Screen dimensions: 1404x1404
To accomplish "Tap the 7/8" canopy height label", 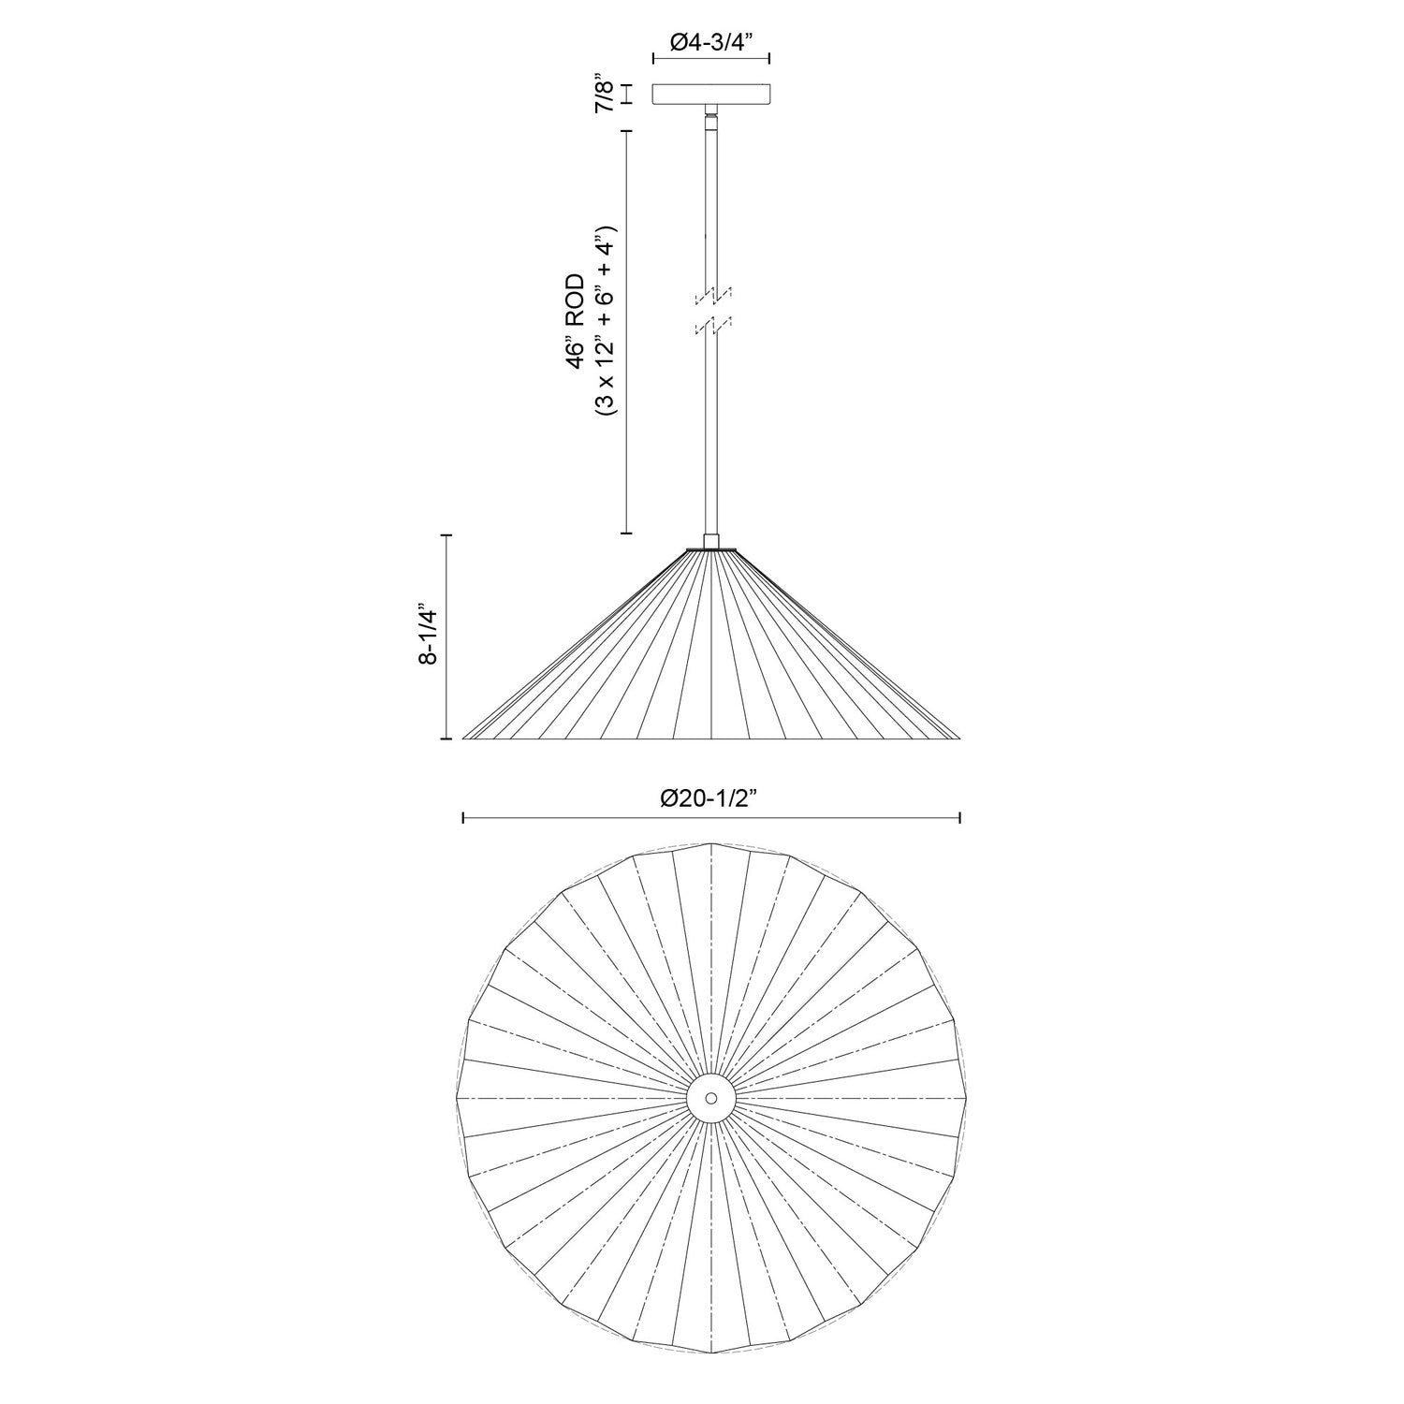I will click(606, 95).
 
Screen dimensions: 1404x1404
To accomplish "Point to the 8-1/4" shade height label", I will click(429, 636).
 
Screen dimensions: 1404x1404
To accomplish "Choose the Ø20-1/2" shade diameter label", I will click(712, 797).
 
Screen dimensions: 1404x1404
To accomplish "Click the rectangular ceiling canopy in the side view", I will click(711, 95).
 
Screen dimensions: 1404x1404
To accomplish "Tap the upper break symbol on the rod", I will click(712, 295).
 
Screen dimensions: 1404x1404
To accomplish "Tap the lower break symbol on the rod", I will click(712, 324).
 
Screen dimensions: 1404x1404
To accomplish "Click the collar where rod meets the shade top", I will click(711, 541).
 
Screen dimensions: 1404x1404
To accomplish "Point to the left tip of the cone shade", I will click(465, 738).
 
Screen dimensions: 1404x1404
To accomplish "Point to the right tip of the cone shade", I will click(959, 738).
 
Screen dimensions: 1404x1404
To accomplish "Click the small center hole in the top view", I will click(711, 1097).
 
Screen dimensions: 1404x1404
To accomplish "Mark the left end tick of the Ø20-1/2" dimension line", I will click(463, 819).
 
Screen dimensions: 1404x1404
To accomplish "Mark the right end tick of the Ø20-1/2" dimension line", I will click(960, 819).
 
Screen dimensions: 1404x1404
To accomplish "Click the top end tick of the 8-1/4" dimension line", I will click(446, 534).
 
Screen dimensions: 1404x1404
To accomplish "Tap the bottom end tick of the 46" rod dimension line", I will click(626, 534).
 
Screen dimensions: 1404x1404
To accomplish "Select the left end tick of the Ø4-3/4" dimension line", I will click(652, 58).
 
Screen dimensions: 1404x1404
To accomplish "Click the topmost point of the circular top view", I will click(711, 844).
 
